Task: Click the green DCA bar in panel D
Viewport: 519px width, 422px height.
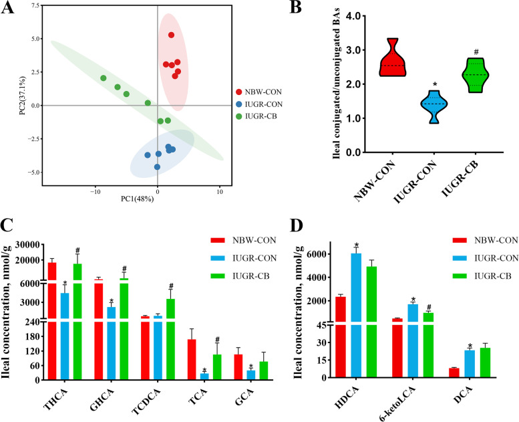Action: pos(480,362)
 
